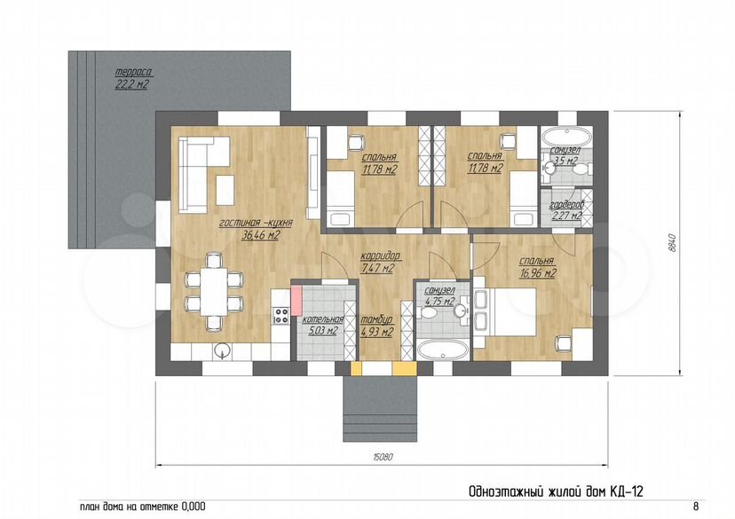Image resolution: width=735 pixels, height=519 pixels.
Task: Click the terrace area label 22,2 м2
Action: (131, 84)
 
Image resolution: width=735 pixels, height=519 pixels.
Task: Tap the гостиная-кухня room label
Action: (256, 223)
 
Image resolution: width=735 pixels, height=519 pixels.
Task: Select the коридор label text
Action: (380, 256)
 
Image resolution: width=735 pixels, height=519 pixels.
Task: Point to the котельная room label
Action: (323, 319)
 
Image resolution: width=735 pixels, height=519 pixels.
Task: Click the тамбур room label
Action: (377, 320)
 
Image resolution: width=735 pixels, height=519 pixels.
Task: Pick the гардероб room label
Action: (567, 205)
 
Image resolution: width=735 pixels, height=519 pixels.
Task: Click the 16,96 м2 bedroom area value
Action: (538, 273)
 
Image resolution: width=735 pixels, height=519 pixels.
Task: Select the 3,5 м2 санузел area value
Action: (565, 161)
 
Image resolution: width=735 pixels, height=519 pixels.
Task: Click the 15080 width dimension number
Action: (383, 457)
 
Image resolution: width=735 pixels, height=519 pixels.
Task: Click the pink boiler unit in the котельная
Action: (296, 300)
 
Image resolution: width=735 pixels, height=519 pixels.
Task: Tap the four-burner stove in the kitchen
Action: (281, 315)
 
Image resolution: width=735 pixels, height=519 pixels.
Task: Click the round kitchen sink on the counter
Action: (222, 350)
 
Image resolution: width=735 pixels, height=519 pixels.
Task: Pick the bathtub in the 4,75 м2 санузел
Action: (442, 350)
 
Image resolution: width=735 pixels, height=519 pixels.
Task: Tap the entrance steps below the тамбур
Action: (380, 409)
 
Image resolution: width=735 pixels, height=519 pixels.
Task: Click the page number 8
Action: (696, 507)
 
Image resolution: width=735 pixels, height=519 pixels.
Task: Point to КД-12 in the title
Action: (626, 491)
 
